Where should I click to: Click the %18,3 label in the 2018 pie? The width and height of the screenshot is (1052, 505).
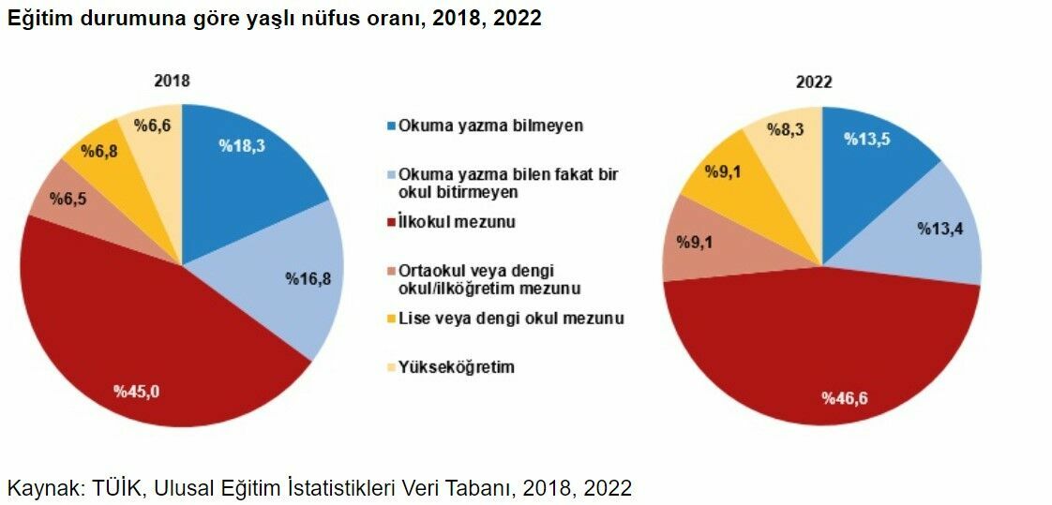tap(242, 145)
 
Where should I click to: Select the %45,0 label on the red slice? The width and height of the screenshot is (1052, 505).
tap(137, 391)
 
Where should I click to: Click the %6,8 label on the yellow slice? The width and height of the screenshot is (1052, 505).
tap(98, 150)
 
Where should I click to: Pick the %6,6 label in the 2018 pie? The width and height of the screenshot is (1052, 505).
tap(151, 126)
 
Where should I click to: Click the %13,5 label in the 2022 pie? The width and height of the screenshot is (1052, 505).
tap(867, 139)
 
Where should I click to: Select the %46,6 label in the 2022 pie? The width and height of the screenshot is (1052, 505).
tap(845, 398)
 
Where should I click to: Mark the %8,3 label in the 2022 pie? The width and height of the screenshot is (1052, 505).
tap(785, 129)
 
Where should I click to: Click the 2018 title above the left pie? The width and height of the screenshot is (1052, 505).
tap(172, 81)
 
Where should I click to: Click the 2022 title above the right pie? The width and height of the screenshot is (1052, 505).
tap(814, 82)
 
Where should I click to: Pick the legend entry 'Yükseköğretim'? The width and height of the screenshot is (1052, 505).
tap(457, 366)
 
